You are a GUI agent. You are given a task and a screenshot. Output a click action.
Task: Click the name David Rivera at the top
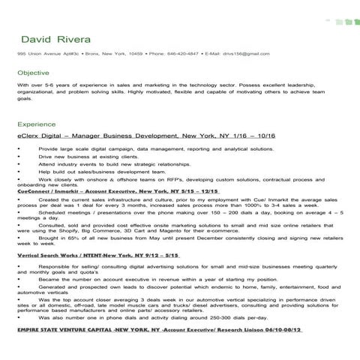[x=51, y=37]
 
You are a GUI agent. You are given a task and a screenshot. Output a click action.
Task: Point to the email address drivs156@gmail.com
[x=247, y=54]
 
